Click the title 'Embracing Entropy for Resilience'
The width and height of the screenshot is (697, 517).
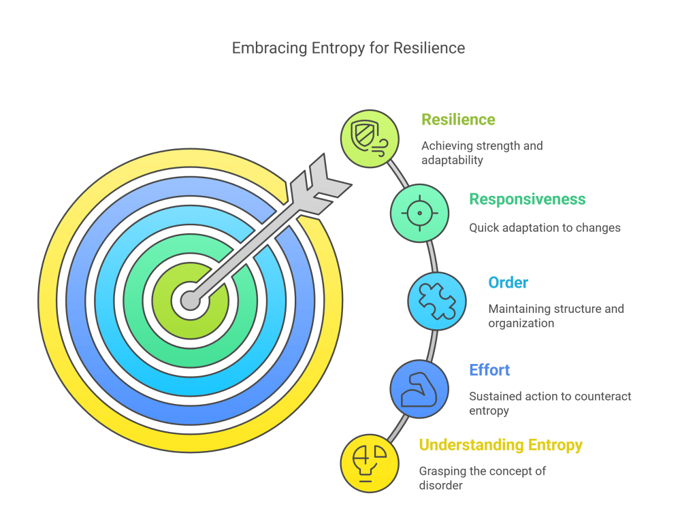point(348,48)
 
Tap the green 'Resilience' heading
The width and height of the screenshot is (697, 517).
point(458,120)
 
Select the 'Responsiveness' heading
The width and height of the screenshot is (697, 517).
point(527,199)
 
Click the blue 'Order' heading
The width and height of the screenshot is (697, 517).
point(508,282)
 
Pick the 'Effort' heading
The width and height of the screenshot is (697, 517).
point(489,370)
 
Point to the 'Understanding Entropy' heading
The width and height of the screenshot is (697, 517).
point(500,445)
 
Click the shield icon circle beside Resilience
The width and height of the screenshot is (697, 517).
point(370,139)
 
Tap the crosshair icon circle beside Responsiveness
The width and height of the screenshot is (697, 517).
point(419,213)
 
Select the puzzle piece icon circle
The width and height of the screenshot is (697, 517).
point(437,301)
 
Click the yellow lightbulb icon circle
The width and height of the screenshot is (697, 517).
point(370,463)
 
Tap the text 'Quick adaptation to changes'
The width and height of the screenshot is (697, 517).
point(545,228)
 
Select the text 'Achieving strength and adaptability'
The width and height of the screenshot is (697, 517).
point(482,153)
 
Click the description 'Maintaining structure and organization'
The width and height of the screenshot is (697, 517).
point(556,316)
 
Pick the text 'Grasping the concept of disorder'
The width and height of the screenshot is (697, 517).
point(482,478)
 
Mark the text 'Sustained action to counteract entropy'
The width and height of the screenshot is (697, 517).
point(550,403)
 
